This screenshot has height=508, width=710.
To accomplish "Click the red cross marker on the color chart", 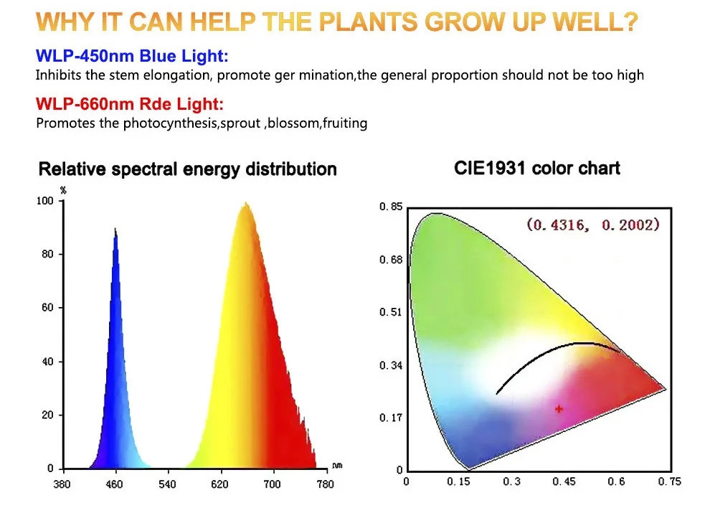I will [559, 409].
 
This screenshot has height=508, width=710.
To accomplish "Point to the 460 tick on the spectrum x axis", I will [115, 484].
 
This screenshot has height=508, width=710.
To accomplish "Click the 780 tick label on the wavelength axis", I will [325, 484].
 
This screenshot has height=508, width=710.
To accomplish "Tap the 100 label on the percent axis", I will [44, 202].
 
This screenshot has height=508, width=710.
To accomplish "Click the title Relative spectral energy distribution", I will [187, 169].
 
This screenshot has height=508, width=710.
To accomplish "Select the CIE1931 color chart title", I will [537, 169].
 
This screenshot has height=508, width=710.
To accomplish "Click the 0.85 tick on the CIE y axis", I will [391, 207].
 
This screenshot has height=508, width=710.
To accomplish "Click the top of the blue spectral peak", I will [115, 229].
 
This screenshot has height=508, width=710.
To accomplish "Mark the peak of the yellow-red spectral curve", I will [246, 204].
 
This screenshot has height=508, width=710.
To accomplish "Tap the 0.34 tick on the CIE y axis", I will [391, 366].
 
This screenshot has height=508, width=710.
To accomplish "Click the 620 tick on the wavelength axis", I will [220, 484].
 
